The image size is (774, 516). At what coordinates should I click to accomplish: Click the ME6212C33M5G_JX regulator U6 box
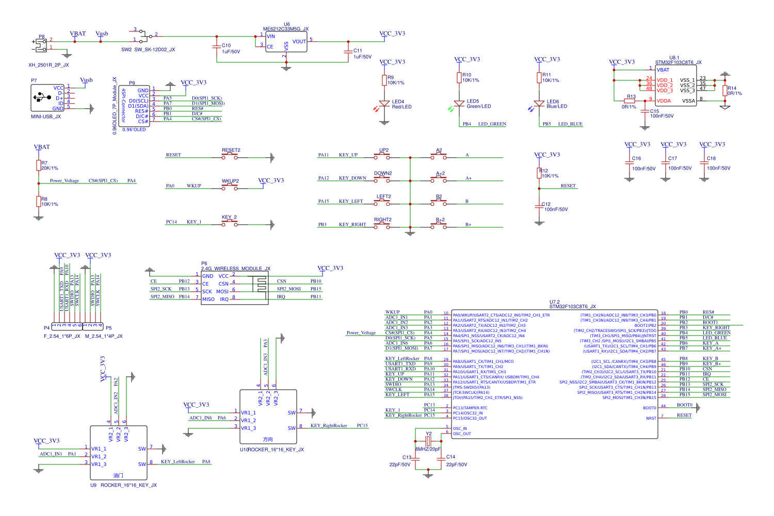tap(286, 42)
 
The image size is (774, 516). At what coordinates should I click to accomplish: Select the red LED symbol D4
tap(384, 104)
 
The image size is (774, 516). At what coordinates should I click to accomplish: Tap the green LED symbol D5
tap(459, 104)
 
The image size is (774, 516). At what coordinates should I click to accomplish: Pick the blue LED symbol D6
tap(539, 104)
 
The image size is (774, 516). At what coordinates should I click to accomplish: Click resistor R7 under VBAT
tap(38, 165)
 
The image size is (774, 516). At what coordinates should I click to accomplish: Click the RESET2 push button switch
tap(230, 157)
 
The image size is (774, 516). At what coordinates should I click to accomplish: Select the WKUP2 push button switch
tap(230, 188)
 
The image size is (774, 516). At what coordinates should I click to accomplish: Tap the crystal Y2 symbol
tap(428, 441)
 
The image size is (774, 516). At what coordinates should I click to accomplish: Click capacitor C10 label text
tap(227, 45)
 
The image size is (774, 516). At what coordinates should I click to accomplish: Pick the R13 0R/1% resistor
tap(630, 101)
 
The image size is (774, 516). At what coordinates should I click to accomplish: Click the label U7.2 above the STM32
tap(554, 302)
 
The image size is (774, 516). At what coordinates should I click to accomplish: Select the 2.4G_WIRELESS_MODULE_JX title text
tap(236, 269)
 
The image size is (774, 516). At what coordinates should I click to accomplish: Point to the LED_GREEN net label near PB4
tap(492, 124)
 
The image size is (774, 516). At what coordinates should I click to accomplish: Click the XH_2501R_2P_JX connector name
tap(49, 65)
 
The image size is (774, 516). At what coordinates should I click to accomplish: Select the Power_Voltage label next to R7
tap(64, 181)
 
